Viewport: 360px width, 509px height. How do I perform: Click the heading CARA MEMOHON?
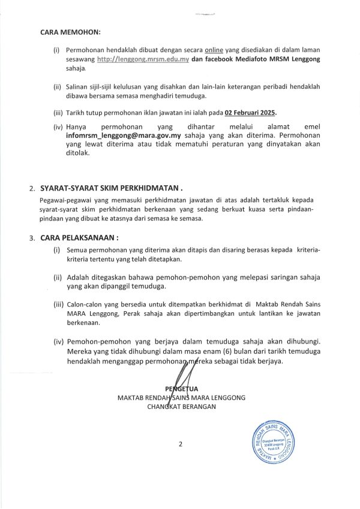71,31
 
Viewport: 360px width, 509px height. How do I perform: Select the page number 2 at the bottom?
179,444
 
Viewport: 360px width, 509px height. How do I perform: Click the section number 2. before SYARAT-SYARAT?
32,189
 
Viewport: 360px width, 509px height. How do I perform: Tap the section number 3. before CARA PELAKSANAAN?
32,239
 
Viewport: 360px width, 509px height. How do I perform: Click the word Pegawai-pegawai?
64,199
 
